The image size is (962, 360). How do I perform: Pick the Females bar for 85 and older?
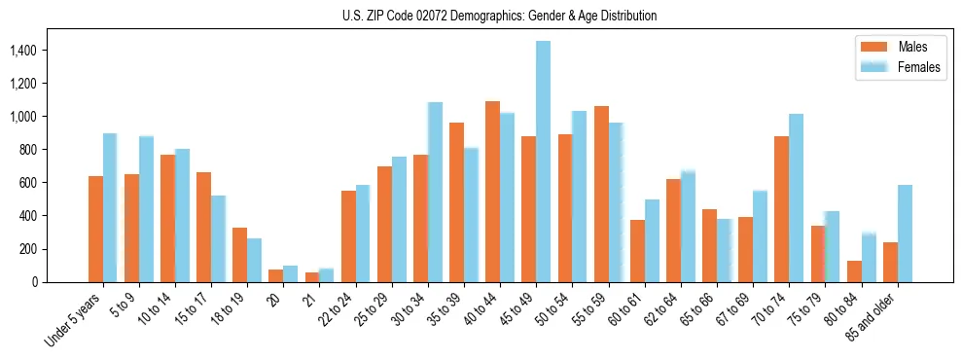point(905,234)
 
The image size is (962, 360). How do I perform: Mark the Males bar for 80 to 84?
point(854,271)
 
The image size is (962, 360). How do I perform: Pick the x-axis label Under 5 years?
point(73,321)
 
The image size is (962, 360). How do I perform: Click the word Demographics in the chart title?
point(486,16)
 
